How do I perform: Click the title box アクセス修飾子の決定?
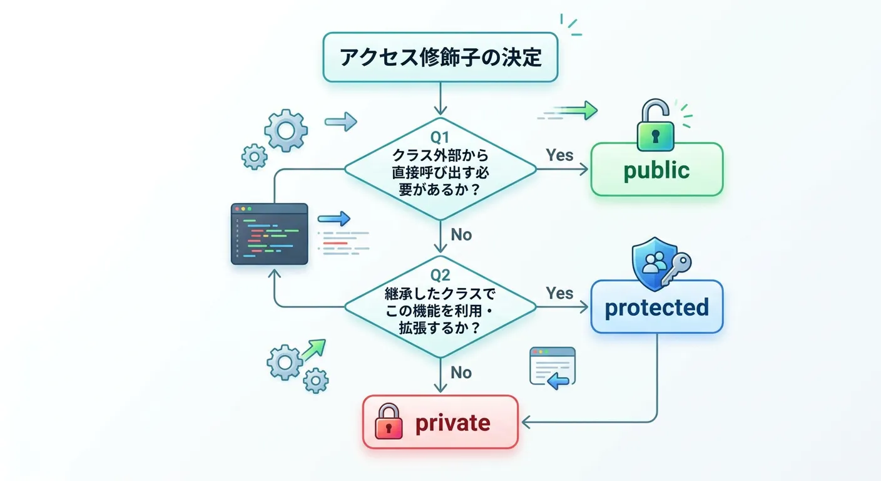(x=440, y=57)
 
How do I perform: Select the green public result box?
(x=656, y=170)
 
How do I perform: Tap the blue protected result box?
(x=656, y=307)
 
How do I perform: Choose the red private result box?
(x=440, y=423)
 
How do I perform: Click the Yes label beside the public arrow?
(x=559, y=155)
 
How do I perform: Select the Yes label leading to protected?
(x=559, y=293)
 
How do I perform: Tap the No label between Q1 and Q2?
(x=461, y=235)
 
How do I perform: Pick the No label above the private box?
(x=461, y=373)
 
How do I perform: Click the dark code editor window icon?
(x=269, y=234)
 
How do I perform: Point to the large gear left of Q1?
(x=285, y=130)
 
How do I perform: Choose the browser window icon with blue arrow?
(x=552, y=366)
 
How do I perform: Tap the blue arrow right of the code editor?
(x=334, y=219)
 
